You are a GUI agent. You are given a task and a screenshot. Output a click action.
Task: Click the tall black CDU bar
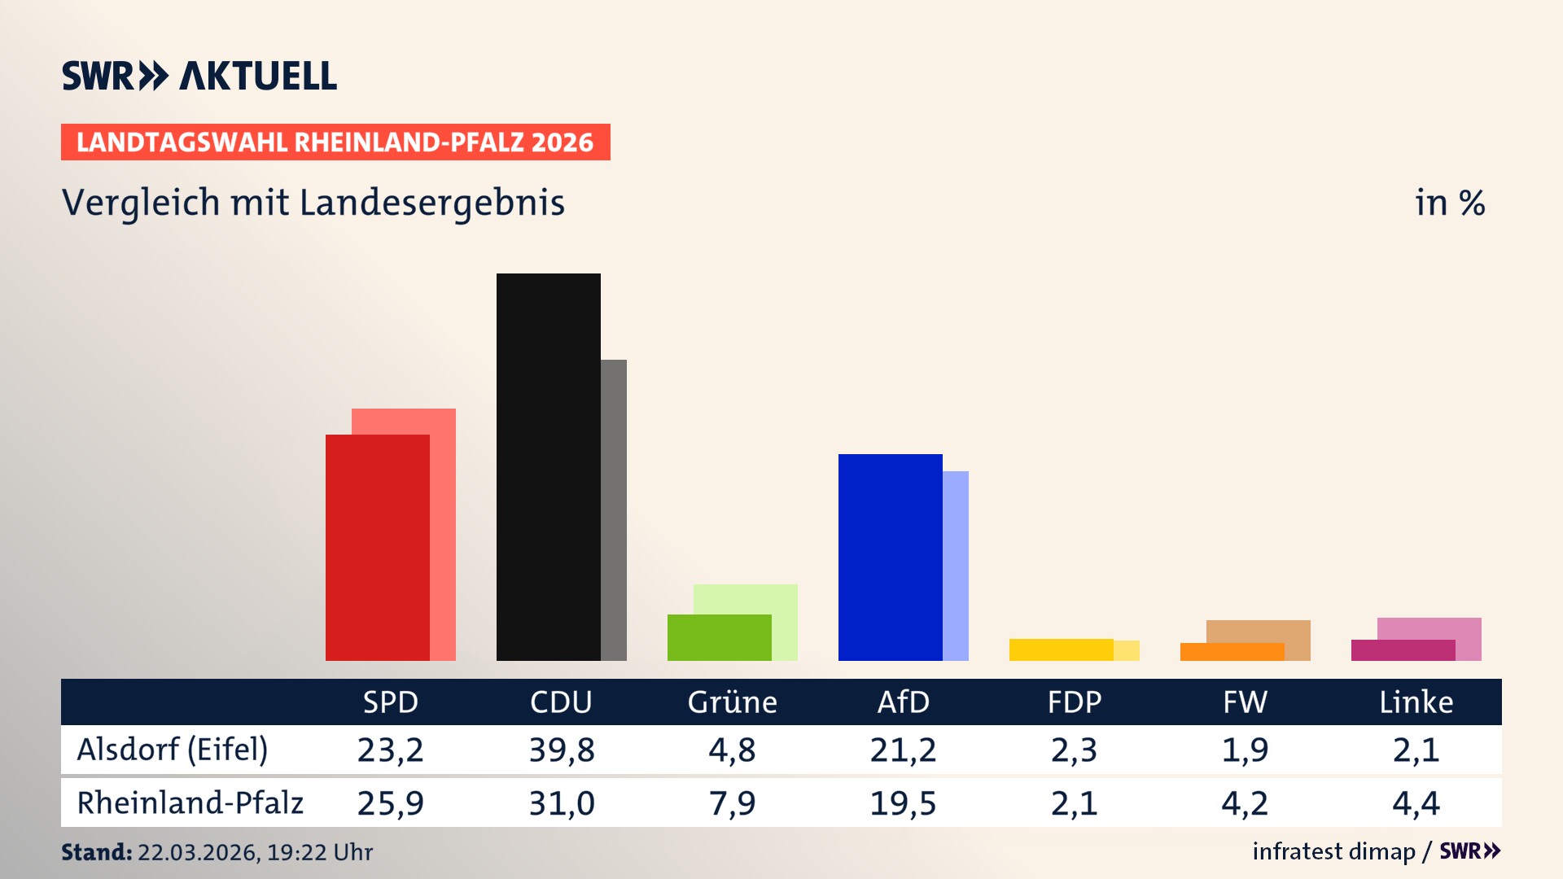[548, 466]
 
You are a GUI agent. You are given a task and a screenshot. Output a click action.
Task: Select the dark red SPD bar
[377, 547]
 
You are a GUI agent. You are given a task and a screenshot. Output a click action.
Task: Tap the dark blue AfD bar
[890, 557]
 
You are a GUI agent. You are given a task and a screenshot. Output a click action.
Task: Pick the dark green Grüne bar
[719, 637]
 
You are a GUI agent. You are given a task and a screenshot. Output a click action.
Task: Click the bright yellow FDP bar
[1061, 649]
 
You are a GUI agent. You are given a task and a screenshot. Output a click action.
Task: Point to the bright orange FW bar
[1232, 652]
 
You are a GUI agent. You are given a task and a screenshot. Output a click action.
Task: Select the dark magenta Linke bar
[1403, 650]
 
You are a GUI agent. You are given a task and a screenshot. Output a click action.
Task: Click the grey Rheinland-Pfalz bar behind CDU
[614, 509]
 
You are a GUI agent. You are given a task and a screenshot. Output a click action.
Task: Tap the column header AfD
[903, 702]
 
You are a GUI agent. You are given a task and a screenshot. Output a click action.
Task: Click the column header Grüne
[732, 702]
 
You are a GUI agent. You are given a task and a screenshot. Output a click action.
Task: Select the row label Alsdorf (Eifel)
[172, 750]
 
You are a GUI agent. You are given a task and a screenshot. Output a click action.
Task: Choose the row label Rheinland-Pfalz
[190, 802]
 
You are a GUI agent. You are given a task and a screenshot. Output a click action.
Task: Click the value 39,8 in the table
[562, 750]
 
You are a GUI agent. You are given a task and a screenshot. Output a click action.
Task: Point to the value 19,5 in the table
[903, 803]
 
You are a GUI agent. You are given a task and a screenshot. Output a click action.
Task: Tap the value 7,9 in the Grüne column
[732, 803]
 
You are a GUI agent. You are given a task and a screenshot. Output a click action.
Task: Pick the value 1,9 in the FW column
[1245, 750]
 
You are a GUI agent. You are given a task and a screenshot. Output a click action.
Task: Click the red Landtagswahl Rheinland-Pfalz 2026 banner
[335, 142]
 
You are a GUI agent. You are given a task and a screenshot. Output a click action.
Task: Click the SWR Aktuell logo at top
[199, 76]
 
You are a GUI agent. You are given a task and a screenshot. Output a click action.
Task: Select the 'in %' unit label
[1449, 203]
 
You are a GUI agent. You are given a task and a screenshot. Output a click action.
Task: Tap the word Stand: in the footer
[96, 852]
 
